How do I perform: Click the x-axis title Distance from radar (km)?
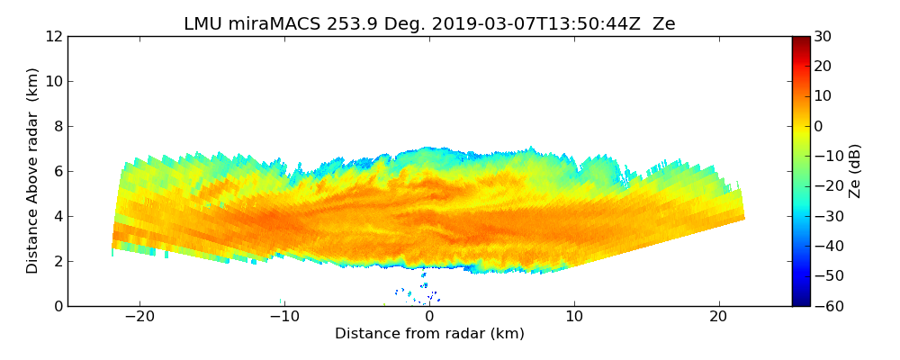pos(429,334)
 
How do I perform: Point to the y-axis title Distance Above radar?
pos(33,171)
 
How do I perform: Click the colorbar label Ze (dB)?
pos(855,171)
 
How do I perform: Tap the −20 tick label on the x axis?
pos(139,317)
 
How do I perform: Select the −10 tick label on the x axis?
pos(284,317)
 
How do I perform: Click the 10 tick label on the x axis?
pos(574,317)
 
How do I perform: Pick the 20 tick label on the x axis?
pos(718,317)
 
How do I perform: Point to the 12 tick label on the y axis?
pos(52,37)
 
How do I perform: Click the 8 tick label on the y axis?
pos(57,127)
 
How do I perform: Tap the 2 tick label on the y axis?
pos(57,261)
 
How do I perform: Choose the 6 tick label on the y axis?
pos(57,172)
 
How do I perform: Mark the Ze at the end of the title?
pos(663,24)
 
